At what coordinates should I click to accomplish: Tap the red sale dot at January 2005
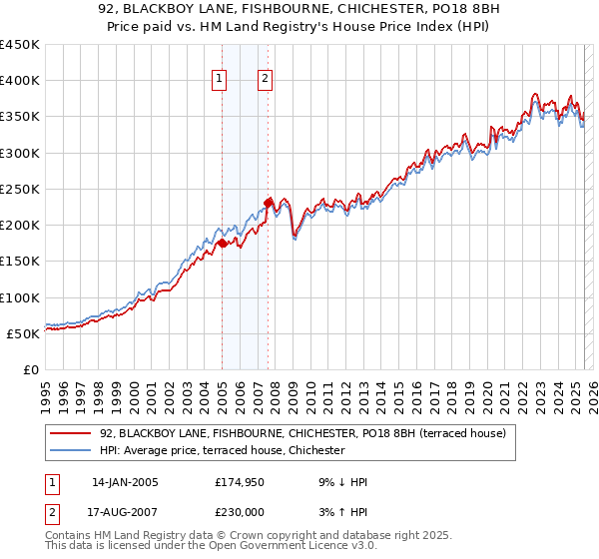pyautogui.click(x=222, y=243)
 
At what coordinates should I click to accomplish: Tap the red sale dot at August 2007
pyautogui.click(x=268, y=203)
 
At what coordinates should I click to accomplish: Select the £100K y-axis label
pyautogui.click(x=21, y=297)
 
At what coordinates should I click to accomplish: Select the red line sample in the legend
pyautogui.click(x=71, y=433)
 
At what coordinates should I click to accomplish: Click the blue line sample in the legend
pyautogui.click(x=71, y=450)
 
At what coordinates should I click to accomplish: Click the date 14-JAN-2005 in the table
pyautogui.click(x=125, y=482)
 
